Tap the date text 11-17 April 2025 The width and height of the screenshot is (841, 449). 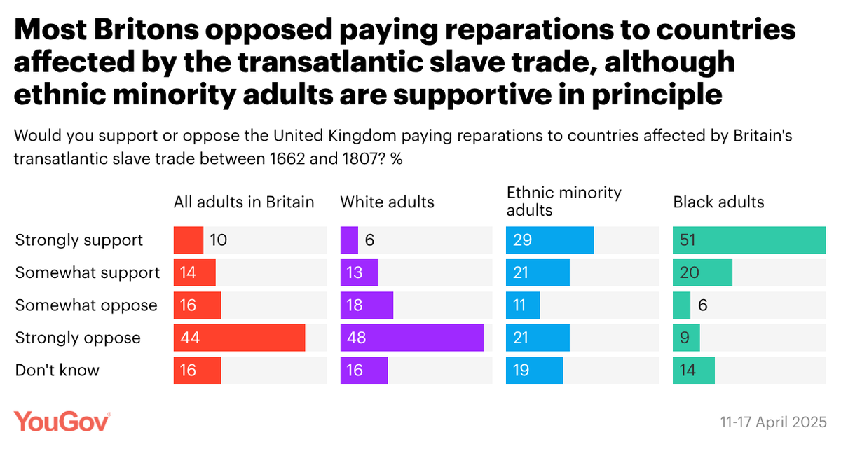point(773,423)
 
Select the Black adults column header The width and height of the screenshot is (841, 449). point(718,202)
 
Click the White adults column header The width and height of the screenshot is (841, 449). point(387,202)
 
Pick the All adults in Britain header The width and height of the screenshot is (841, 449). point(244,202)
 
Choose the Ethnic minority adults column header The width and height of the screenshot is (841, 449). point(564,201)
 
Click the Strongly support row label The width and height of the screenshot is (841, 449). point(79,240)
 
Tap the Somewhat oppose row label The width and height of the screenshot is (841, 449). point(86,305)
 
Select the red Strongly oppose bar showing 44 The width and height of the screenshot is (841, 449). point(239,338)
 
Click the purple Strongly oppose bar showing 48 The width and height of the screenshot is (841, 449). point(412,338)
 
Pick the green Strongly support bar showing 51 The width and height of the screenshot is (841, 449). point(749,240)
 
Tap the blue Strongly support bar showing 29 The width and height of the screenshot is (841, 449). point(550,240)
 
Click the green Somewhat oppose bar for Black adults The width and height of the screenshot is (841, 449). point(681,305)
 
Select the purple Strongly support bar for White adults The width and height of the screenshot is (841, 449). point(349,240)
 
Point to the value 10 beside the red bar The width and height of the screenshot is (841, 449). point(218,240)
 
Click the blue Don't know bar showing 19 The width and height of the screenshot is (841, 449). point(535,371)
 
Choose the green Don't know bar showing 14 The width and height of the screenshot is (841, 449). point(694,371)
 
